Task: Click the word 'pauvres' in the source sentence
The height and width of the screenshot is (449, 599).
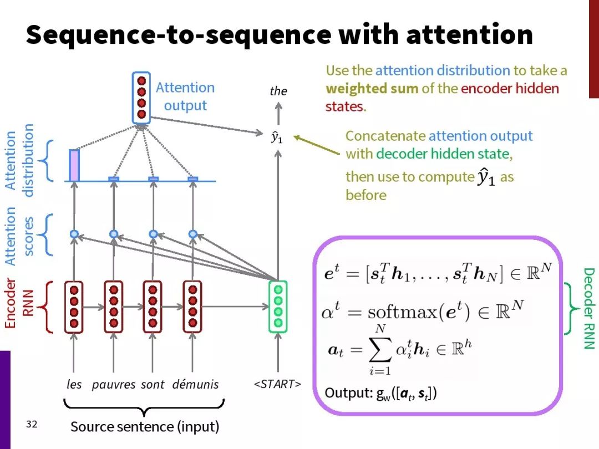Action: [114, 385]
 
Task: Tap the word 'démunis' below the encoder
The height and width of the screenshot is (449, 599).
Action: [195, 384]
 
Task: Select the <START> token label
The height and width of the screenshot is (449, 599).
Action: [277, 384]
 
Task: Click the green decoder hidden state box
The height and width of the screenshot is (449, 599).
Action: [278, 307]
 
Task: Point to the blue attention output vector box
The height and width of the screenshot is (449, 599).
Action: [141, 98]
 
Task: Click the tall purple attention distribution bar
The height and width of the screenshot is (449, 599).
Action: [74, 165]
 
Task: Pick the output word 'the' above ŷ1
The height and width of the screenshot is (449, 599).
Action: [278, 91]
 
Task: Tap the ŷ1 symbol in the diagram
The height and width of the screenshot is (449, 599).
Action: [277, 137]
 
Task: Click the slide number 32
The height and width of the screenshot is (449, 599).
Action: [32, 424]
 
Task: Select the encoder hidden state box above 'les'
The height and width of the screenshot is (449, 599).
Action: [74, 307]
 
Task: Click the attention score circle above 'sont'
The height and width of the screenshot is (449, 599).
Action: [153, 234]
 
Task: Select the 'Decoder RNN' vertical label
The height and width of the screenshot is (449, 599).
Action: [588, 309]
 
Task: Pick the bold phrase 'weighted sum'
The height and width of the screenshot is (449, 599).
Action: [372, 89]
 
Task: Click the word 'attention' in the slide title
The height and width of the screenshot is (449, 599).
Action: [470, 34]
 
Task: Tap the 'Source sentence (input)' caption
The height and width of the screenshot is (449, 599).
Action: [145, 427]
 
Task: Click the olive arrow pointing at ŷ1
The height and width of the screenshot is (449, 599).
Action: [316, 145]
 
